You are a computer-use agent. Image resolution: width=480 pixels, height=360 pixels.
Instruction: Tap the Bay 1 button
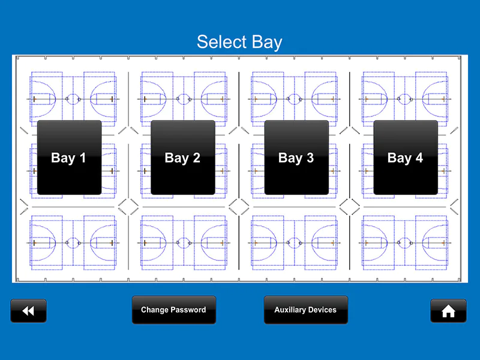[69, 157]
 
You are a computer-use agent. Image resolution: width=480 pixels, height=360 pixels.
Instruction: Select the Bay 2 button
[182, 157]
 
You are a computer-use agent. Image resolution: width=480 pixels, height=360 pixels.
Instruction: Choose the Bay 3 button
[296, 157]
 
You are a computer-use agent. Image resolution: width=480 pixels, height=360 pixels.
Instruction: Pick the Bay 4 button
[406, 157]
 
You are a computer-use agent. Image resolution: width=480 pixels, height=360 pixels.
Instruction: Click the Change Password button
[173, 310]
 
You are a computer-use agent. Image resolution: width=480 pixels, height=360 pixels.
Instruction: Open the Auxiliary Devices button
[305, 310]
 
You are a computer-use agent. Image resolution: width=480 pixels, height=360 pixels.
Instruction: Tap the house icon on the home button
[448, 311]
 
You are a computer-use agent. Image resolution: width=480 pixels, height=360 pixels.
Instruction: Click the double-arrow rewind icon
[28, 311]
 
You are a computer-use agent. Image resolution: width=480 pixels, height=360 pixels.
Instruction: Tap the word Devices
[323, 310]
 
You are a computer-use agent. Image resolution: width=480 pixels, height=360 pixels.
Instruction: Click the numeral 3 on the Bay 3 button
[310, 158]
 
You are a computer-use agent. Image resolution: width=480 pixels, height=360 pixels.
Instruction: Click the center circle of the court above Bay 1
[73, 98]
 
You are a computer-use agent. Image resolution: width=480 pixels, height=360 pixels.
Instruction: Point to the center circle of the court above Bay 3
[294, 98]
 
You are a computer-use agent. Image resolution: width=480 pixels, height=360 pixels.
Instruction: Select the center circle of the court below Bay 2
[183, 243]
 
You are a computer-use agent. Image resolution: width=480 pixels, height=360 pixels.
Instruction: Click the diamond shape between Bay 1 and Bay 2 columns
[128, 207]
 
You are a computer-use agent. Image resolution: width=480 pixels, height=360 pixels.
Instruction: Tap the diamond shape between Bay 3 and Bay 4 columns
[349, 207]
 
